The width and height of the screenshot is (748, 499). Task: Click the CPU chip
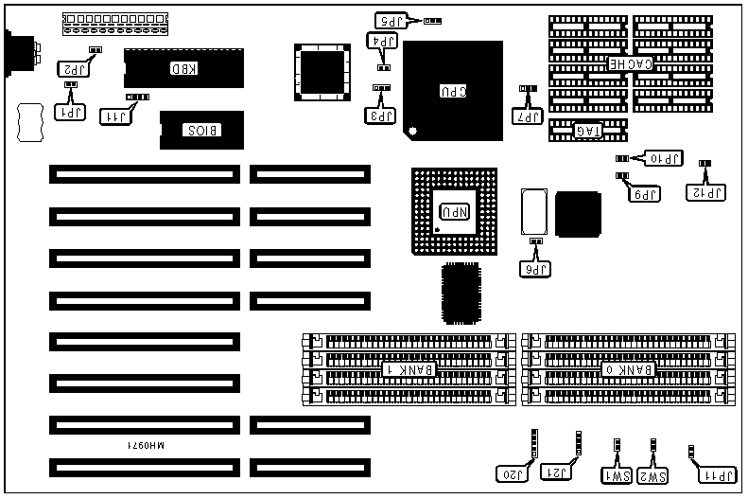point(453,90)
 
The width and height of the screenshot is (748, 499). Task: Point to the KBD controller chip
point(178,67)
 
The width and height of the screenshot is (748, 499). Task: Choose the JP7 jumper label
point(528,117)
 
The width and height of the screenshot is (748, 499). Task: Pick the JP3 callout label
point(380,116)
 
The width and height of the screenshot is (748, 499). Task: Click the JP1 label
point(70,113)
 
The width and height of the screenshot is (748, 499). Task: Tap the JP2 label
point(72,68)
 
